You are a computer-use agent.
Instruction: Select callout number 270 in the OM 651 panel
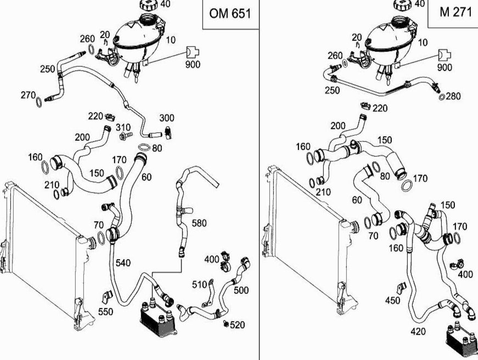(28, 95)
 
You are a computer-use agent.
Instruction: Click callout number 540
(123, 263)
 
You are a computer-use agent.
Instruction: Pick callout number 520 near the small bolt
(237, 325)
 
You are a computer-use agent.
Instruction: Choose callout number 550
(105, 312)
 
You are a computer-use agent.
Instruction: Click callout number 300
(167, 118)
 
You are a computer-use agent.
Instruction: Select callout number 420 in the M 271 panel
(419, 331)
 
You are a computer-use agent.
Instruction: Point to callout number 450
(392, 300)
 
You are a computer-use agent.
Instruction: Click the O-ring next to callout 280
(442, 98)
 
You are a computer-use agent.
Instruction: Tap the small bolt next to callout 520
(227, 325)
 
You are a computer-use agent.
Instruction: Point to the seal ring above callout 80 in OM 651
(144, 148)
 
